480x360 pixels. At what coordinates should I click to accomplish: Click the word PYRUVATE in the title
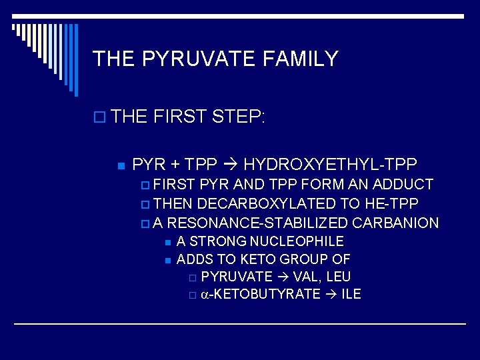pyautogui.click(x=198, y=59)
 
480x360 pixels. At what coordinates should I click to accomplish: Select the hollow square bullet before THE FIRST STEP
pyautogui.click(x=100, y=119)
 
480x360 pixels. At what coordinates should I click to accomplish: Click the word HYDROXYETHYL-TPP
pyautogui.click(x=331, y=164)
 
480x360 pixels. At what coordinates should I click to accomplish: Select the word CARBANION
pyautogui.click(x=395, y=223)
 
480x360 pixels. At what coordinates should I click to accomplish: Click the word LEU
pyautogui.click(x=338, y=277)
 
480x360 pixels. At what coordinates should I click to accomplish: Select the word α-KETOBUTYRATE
pyautogui.click(x=260, y=294)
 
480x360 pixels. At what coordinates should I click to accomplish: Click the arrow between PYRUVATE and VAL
pyautogui.click(x=283, y=277)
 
